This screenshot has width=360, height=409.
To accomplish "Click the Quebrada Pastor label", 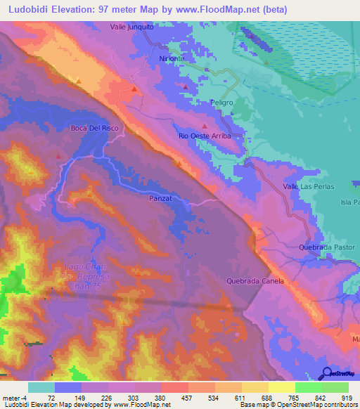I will coord(327,247).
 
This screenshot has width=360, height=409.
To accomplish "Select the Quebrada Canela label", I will coord(255,281).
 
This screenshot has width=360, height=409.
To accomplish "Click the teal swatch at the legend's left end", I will coord(41,387).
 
